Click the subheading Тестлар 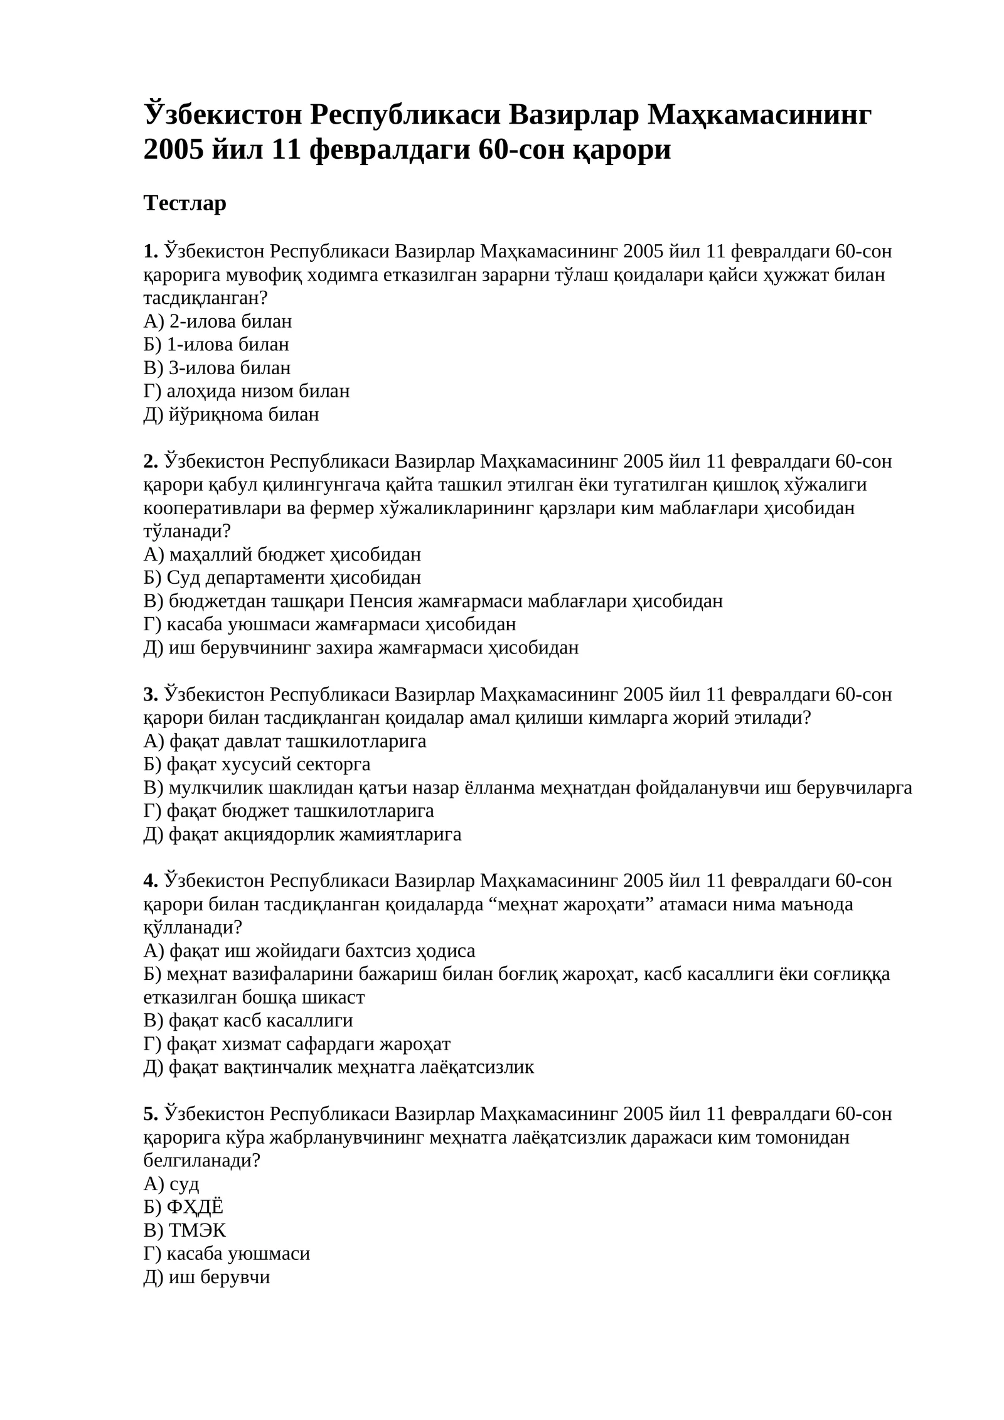click(184, 203)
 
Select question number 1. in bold click(151, 252)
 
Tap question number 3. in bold click(151, 694)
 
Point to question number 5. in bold click(151, 1114)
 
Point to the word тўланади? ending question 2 click(187, 531)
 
